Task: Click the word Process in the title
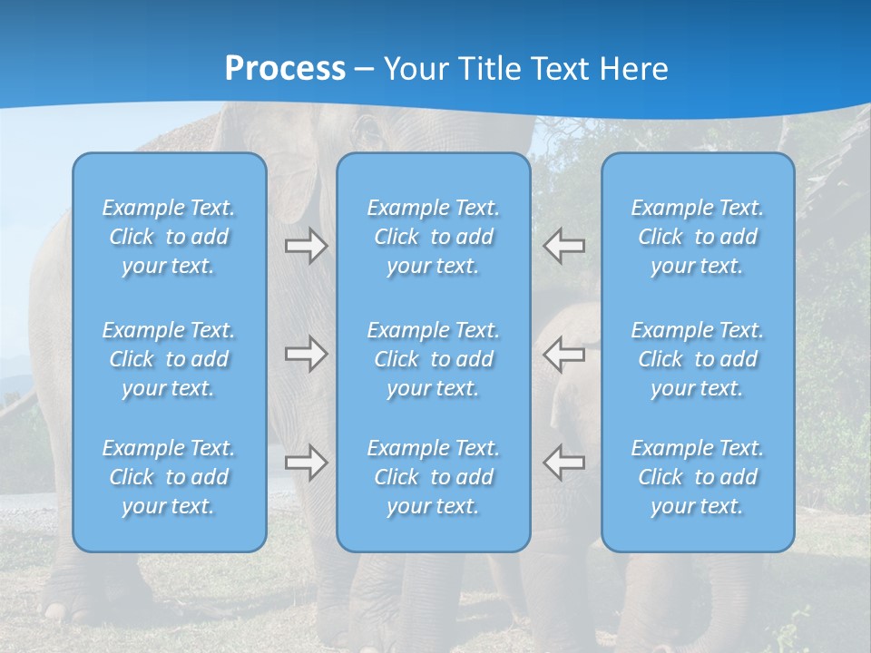pos(285,69)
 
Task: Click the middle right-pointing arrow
pos(307,355)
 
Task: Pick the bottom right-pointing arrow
pos(307,463)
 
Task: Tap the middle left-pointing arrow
pos(563,355)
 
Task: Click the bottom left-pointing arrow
pos(563,463)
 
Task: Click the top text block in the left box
pos(169,237)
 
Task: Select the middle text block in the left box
pos(169,359)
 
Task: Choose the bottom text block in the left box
pos(169,477)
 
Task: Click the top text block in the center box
pos(433,237)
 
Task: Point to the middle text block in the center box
pos(433,359)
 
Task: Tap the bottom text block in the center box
pos(433,477)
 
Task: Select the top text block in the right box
pos(697,237)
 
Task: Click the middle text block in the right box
pos(697,359)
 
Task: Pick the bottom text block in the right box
pos(697,477)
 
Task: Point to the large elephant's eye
pos(369,133)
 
